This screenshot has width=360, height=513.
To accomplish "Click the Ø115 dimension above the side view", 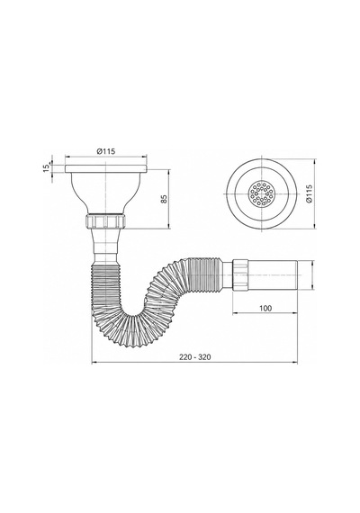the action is click(x=106, y=151).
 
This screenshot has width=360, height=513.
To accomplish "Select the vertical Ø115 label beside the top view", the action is click(x=310, y=194).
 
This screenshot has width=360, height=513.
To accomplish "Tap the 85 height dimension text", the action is click(x=164, y=199).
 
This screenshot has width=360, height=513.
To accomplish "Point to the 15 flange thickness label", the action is click(x=46, y=167).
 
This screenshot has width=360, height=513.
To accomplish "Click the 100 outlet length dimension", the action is click(x=265, y=308).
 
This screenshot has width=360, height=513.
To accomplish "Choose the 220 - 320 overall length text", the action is click(x=195, y=357).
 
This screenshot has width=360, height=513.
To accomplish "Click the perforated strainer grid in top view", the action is click(x=262, y=194).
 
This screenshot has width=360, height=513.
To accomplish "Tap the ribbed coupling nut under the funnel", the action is click(x=106, y=221).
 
